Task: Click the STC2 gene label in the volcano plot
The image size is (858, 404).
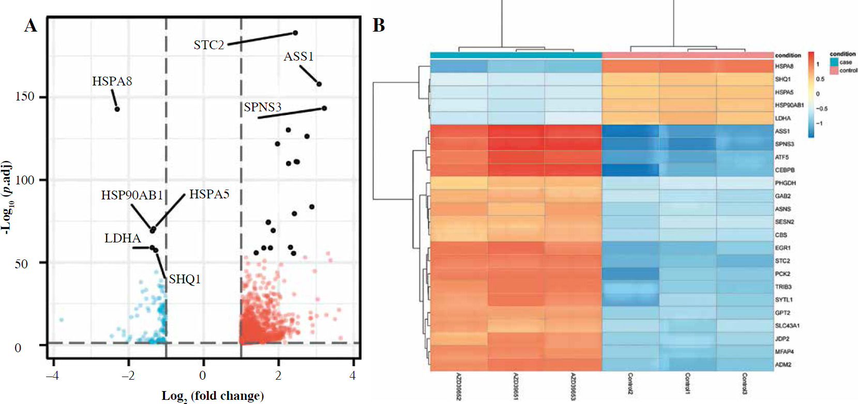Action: click(209, 45)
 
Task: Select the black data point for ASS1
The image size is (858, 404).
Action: click(319, 84)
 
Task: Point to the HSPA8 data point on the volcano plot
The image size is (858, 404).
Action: click(117, 109)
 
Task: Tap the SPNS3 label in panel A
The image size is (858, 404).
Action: click(263, 107)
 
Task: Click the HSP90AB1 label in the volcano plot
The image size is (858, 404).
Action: click(132, 195)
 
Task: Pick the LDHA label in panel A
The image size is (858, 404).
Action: click(123, 238)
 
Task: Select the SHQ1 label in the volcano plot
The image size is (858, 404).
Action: click(185, 280)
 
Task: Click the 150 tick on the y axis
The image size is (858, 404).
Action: click(26, 97)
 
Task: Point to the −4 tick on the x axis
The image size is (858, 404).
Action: click(52, 376)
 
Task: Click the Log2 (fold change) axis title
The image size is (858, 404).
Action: click(213, 396)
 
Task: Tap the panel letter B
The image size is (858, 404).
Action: click(379, 25)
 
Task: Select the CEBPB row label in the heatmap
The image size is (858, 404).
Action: click(785, 170)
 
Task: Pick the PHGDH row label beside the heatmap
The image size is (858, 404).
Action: click(785, 183)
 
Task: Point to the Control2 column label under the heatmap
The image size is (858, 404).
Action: click(630, 384)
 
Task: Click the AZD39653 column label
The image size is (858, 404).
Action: click(573, 386)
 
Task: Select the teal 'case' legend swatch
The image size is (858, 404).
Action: click(834, 62)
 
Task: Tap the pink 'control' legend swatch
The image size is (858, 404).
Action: click(834, 70)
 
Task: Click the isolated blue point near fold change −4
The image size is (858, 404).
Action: click(61, 320)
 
